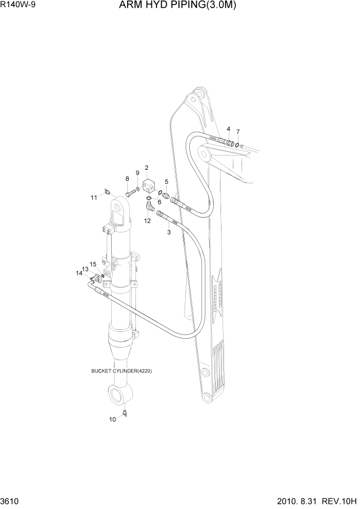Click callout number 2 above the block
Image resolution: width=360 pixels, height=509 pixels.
click(x=147, y=168)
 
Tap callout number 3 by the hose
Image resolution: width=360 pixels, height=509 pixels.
click(x=169, y=232)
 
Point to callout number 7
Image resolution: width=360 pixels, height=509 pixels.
click(x=238, y=132)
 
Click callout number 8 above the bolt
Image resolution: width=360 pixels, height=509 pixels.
click(x=127, y=179)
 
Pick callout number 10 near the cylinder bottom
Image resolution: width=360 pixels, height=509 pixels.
click(x=112, y=419)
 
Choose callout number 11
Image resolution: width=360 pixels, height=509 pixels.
click(x=94, y=197)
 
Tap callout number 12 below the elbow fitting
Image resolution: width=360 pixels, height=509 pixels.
click(x=147, y=221)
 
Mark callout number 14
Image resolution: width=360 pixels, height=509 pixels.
click(x=79, y=273)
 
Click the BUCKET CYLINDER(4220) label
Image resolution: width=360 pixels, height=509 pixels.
click(x=122, y=371)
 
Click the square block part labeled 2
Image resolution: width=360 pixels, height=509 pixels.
click(x=150, y=184)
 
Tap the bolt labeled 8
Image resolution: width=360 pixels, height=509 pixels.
click(x=130, y=193)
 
